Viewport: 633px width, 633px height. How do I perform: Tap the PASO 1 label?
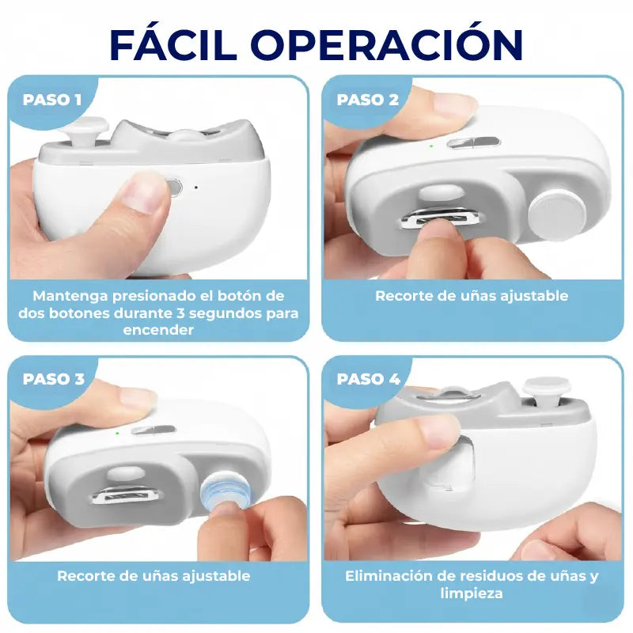(52, 100)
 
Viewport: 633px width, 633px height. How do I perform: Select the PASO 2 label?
(368, 100)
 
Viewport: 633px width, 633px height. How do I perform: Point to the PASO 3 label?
(54, 379)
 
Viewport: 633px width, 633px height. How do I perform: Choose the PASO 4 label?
(368, 379)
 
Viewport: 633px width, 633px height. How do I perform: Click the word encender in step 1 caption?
(158, 330)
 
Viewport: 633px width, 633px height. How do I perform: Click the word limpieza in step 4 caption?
(472, 593)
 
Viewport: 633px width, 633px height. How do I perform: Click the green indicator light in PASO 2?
(431, 146)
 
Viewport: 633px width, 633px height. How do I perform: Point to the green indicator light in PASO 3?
(117, 433)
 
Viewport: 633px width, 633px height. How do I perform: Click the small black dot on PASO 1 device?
(196, 188)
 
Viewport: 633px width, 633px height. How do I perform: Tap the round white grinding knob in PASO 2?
(558, 212)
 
